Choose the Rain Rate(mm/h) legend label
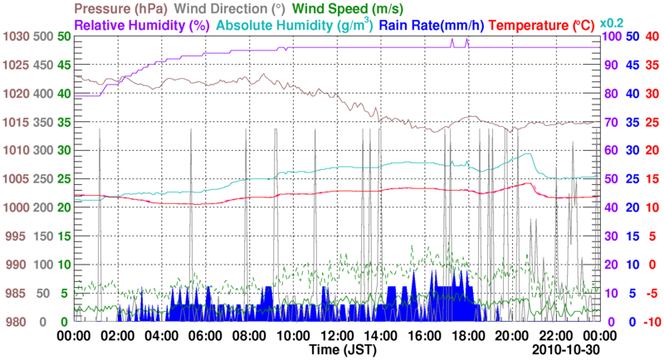pos(432,24)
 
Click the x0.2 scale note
pos(612,22)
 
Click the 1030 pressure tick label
pos(15,36)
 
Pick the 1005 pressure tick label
pos(15,179)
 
